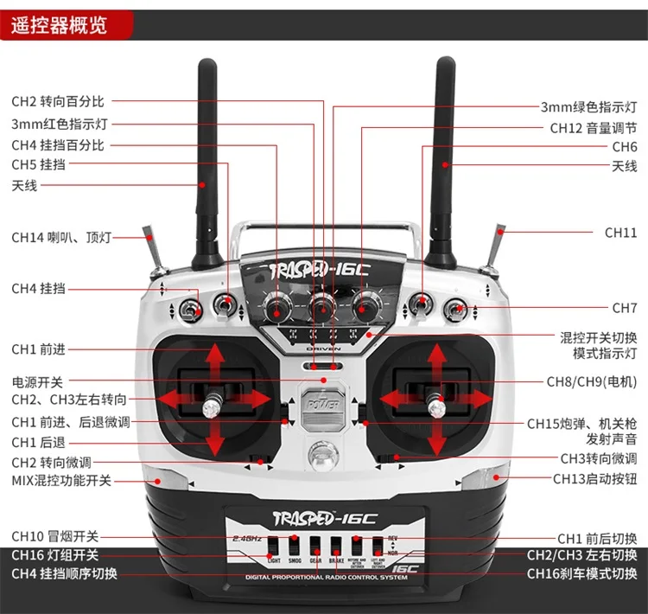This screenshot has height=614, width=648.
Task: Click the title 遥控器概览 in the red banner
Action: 59,24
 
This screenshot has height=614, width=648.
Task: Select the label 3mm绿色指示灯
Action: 588,107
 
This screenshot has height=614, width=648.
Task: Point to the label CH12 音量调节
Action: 594,127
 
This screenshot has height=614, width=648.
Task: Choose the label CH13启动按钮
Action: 594,478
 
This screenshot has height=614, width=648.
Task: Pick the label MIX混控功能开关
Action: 61,480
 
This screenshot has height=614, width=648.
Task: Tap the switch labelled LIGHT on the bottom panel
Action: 274,547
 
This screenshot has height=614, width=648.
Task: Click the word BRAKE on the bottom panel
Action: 336,560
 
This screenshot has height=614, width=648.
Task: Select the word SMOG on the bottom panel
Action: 295,560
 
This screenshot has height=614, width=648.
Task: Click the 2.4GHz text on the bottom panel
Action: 247,538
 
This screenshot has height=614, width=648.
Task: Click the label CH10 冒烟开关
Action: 55,536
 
